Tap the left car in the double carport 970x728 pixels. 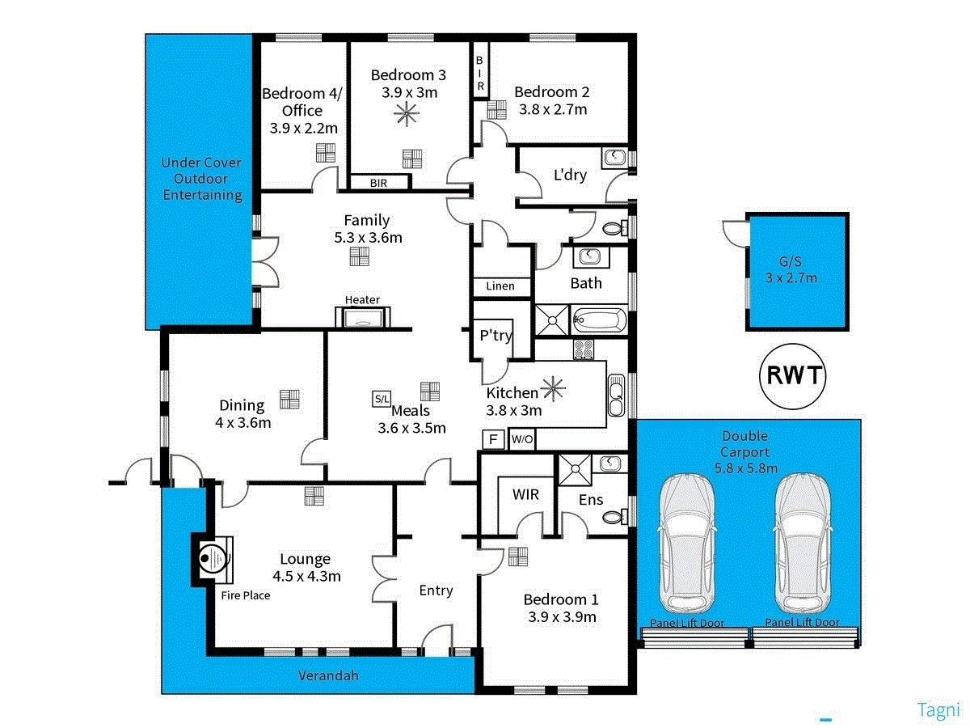(688, 543)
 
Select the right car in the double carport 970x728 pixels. (802, 543)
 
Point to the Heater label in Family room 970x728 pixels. (362, 300)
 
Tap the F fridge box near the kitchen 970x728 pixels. (491, 439)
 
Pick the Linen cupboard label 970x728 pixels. (500, 286)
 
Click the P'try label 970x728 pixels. (496, 335)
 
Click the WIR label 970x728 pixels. (526, 494)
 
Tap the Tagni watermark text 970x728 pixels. (938, 709)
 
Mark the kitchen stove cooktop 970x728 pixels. (584, 349)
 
